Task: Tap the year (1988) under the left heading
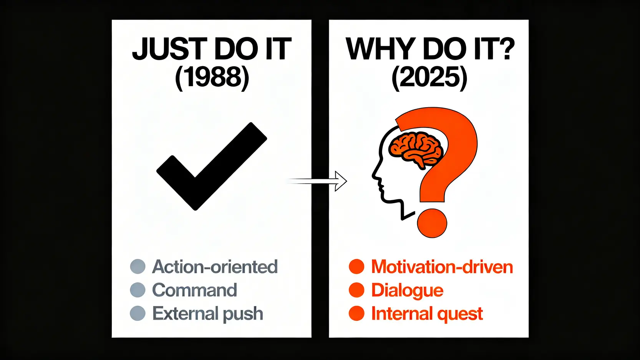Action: coord(212,77)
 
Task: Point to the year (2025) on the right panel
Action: coord(429,77)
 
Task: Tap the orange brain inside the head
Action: coord(415,148)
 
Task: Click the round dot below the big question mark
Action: coord(432,223)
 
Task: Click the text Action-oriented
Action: coord(215,267)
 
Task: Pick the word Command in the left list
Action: coord(194,290)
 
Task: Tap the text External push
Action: coord(207,314)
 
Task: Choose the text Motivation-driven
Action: coord(442,267)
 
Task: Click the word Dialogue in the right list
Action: coord(407,290)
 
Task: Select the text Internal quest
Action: coord(427,314)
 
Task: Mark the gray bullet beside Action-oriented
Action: coord(138,266)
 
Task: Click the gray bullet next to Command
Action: coord(138,290)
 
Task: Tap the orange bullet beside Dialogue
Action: coord(356,290)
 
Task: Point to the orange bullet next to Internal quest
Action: coord(356,314)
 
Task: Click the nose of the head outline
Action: coord(373,176)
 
